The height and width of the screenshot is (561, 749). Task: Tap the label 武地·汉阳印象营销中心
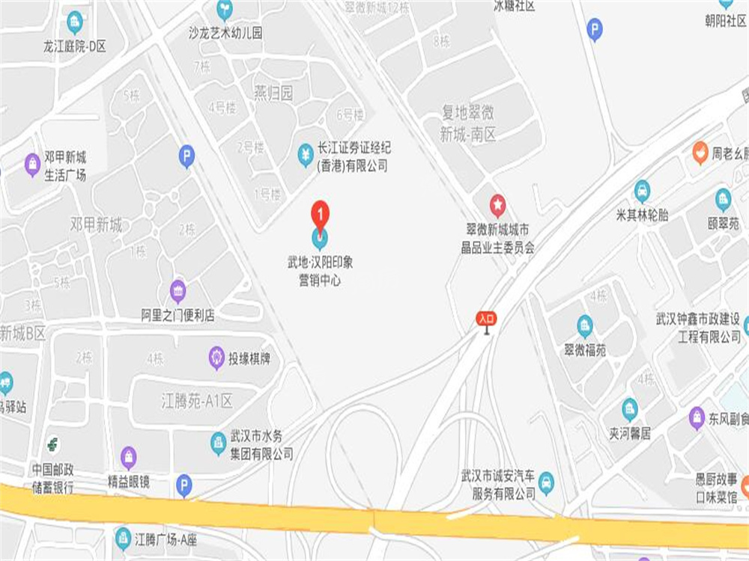tap(320, 272)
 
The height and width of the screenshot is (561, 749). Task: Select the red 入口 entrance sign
tap(486, 318)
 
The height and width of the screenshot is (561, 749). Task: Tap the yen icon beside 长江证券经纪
tap(306, 154)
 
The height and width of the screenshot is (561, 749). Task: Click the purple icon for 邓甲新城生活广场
tap(32, 163)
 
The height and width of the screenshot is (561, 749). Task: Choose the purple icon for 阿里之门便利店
tap(178, 289)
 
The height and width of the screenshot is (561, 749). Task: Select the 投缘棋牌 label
tap(250, 359)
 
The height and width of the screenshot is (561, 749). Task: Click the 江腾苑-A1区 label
tap(197, 401)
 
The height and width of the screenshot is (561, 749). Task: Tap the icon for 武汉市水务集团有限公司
tap(218, 443)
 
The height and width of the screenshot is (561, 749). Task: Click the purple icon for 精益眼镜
tap(129, 457)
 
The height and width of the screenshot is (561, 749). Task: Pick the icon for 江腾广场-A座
tap(123, 537)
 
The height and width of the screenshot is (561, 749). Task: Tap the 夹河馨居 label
tap(630, 434)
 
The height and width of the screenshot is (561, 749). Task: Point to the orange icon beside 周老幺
tap(700, 153)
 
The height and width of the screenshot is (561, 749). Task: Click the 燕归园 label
tap(273, 93)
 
